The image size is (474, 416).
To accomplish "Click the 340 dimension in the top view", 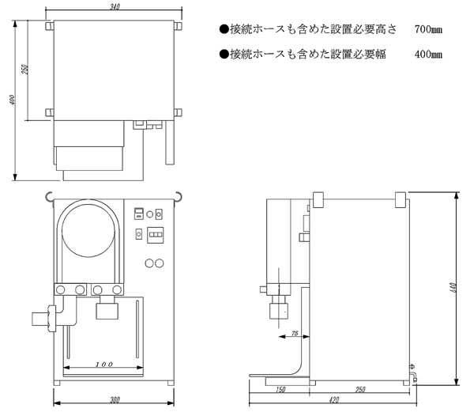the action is [x=115, y=6].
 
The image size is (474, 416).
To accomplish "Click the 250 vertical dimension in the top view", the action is [x=25, y=70].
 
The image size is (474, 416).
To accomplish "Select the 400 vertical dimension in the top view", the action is [x=13, y=100].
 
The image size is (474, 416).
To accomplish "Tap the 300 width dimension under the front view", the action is [x=115, y=400].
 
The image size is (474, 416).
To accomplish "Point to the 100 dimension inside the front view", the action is [x=104, y=365].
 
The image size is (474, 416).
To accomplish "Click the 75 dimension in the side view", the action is [x=295, y=333].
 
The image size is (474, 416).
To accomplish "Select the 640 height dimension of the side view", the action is [x=453, y=288].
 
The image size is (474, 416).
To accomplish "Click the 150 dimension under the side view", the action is [x=280, y=390].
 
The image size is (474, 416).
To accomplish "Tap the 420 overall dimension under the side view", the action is [x=333, y=400].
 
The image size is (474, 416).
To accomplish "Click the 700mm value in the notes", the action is [x=428, y=29].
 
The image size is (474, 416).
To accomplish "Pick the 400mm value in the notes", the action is [x=428, y=54].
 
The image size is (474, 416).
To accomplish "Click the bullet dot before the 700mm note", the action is [x=224, y=29].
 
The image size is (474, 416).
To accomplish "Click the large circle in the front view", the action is [x=88, y=230].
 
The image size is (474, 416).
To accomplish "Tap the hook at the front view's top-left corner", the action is [x=49, y=197].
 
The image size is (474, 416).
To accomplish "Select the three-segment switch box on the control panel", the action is [x=156, y=235].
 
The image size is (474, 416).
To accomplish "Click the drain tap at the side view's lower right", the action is [x=413, y=374].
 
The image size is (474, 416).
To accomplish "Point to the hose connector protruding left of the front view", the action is [x=44, y=319].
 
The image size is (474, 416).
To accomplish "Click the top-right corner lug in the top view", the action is [x=178, y=25].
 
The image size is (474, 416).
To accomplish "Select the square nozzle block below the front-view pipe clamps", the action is [x=107, y=311].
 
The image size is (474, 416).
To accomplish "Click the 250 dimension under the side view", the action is [x=360, y=390].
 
